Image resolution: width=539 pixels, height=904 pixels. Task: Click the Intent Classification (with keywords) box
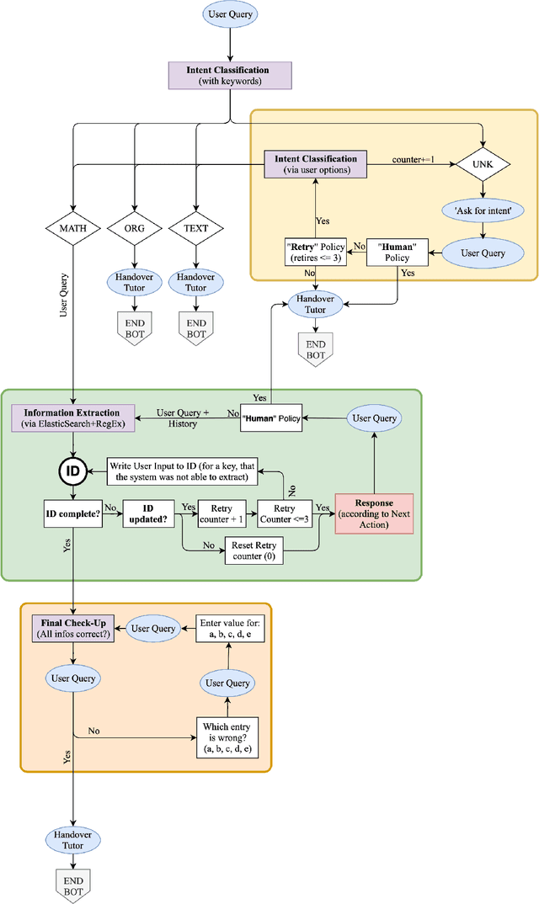pos(229,75)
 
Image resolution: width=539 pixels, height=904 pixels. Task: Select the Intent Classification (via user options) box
pos(315,164)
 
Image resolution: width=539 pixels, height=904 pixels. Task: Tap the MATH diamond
pos(73,228)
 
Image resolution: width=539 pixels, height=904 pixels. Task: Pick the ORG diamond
pos(135,228)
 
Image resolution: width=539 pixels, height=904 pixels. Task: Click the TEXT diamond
pos(195,228)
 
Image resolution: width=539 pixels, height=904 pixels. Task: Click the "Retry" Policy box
pos(315,252)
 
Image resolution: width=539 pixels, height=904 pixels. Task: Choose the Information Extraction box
pos(72,418)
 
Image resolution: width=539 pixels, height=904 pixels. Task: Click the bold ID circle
pos(73,471)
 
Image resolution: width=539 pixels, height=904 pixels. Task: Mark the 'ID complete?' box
pos(72,513)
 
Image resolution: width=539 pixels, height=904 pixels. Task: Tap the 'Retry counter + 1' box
pos(221,513)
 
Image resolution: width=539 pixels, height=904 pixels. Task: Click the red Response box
pos(374,513)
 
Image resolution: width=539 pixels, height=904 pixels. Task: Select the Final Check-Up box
pos(72,629)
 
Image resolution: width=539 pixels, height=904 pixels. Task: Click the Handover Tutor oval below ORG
pos(135,281)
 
